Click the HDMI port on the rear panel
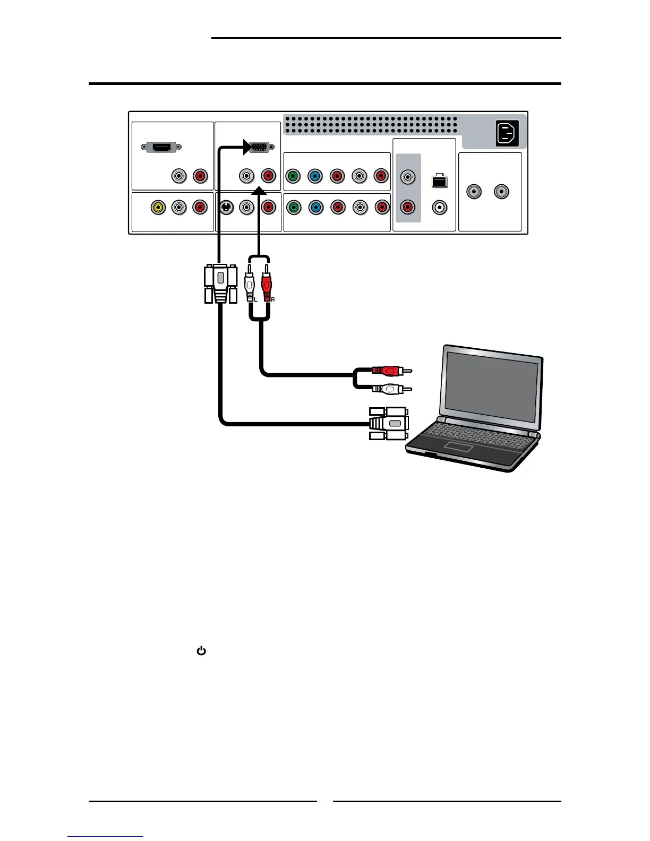point(161,147)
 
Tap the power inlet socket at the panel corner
point(507,133)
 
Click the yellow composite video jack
point(158,207)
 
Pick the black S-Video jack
point(226,207)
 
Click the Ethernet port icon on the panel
point(439,181)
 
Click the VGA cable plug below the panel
point(220,284)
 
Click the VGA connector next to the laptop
point(389,423)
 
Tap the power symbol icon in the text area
point(201,650)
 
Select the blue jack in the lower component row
point(315,207)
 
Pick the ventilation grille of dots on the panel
point(370,125)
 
